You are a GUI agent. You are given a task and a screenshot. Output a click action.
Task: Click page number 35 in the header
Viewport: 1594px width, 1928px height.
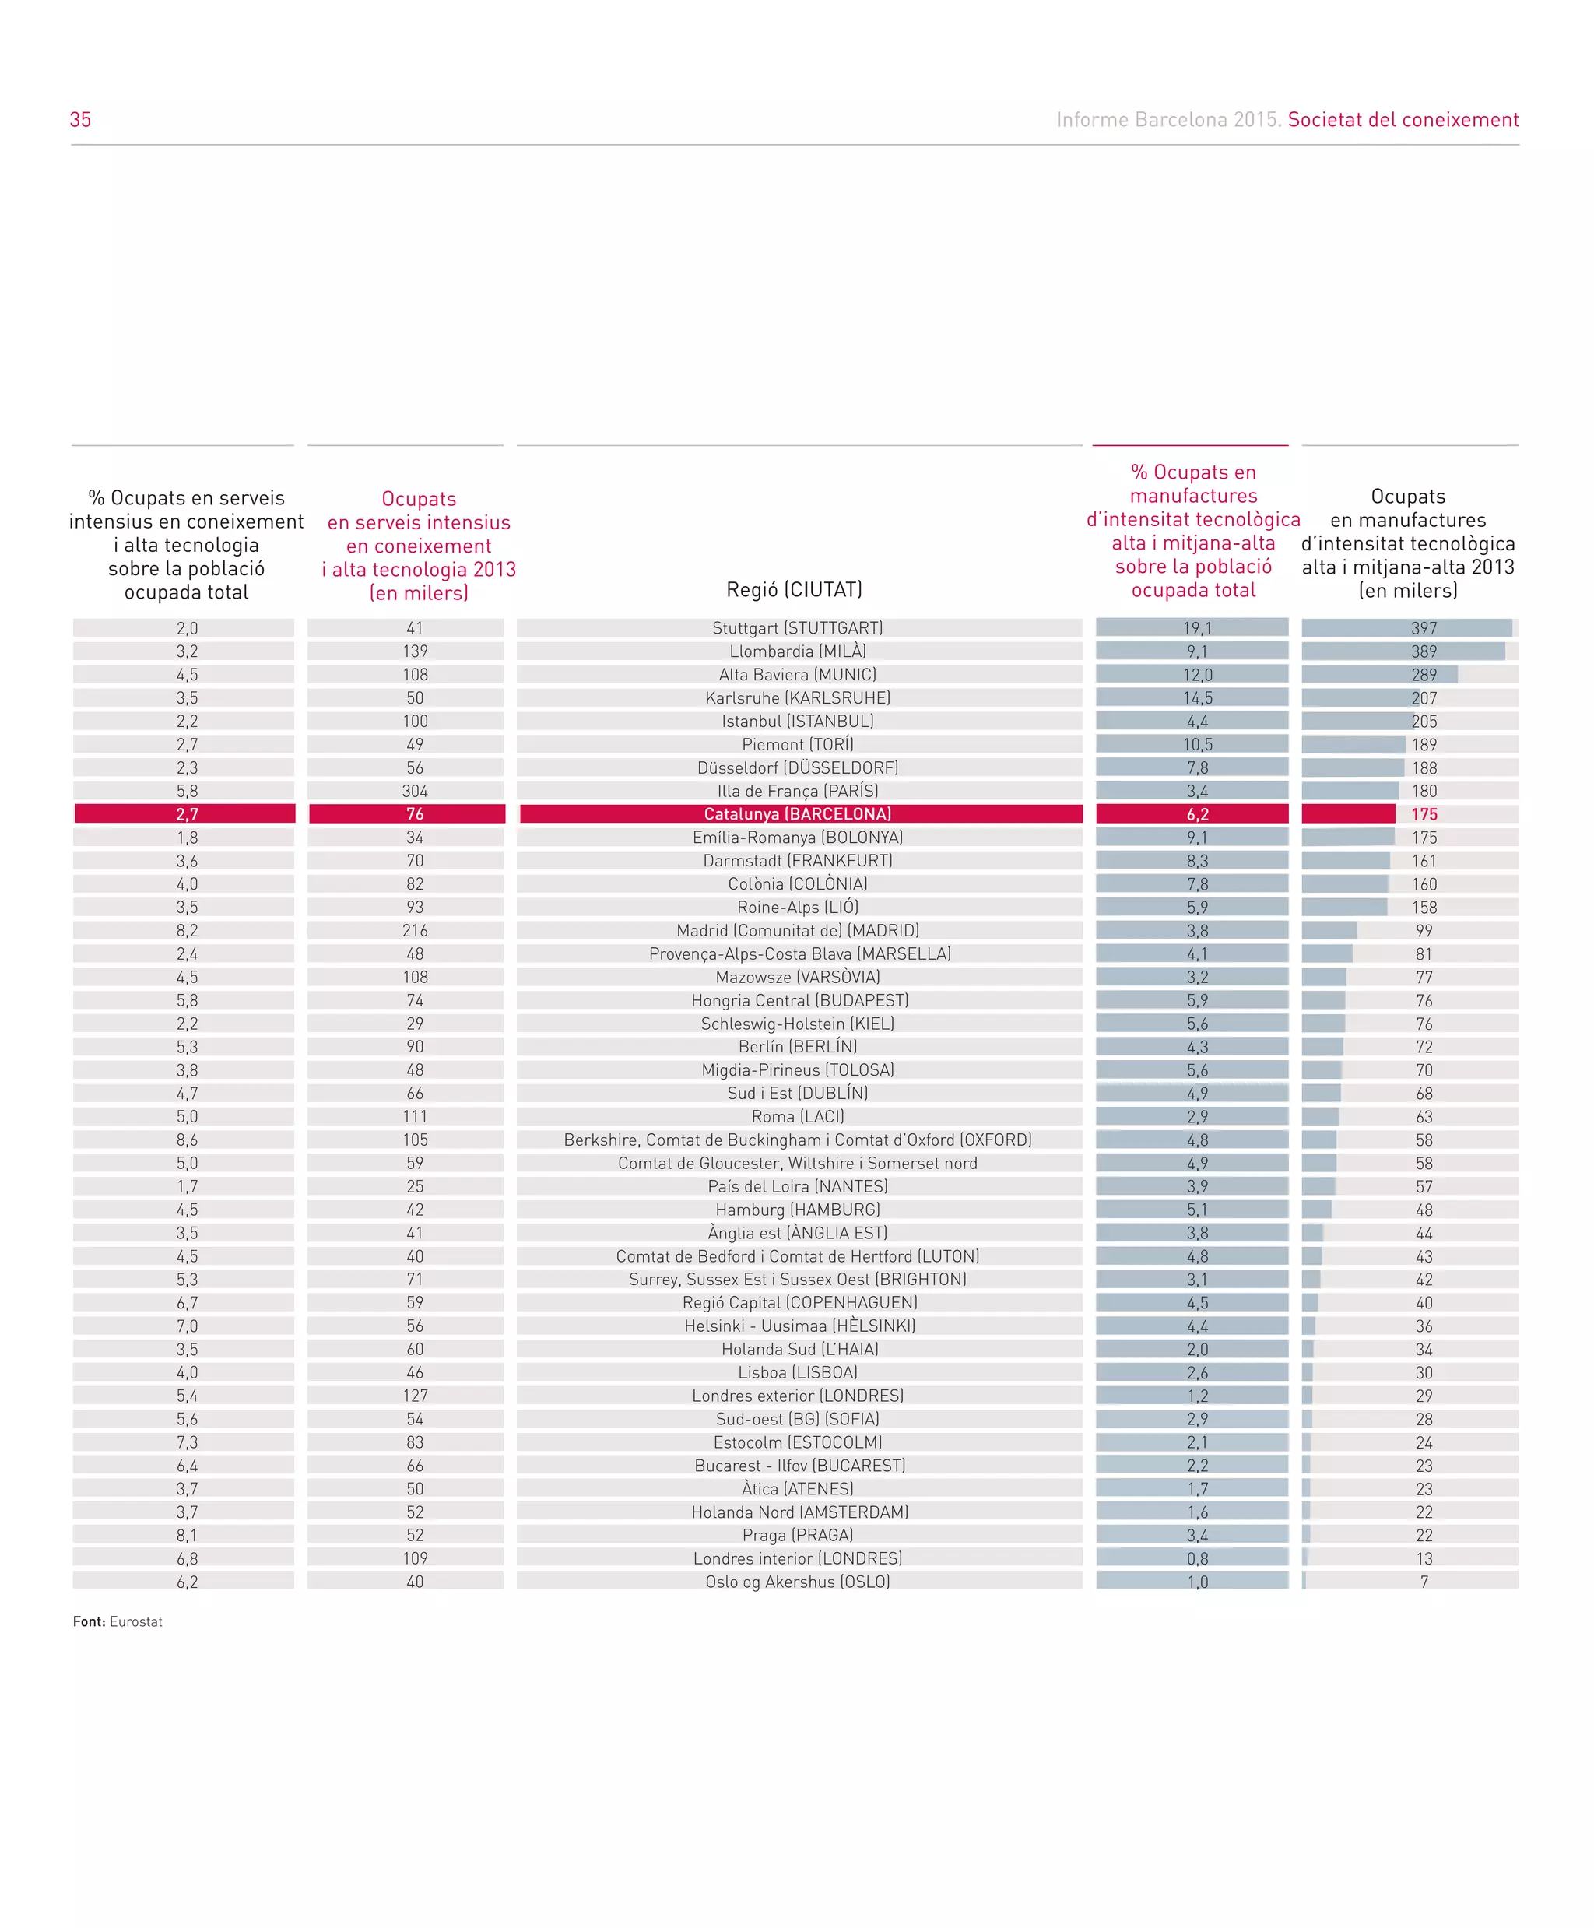pos(81,119)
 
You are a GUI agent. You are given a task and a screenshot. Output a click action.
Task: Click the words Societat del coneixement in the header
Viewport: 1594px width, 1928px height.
pos(1403,119)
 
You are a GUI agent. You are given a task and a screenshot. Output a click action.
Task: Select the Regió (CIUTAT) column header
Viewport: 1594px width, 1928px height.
pos(794,589)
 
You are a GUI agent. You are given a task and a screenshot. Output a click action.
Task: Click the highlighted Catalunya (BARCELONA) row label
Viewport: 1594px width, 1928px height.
pos(798,814)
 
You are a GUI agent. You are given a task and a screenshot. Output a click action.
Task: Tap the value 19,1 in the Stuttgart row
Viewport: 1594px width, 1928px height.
pos(1197,628)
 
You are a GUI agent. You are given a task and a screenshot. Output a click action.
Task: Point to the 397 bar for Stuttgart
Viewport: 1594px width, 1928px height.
pos(1406,628)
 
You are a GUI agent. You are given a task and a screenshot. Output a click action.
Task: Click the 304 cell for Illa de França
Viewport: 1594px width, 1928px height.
pos(415,792)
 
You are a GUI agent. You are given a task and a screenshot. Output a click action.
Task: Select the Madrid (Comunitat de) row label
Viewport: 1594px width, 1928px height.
pos(798,931)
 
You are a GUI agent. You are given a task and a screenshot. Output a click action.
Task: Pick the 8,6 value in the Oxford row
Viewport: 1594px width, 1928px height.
pos(188,1140)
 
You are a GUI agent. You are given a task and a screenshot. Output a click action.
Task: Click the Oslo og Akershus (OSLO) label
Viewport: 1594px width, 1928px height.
pos(798,1582)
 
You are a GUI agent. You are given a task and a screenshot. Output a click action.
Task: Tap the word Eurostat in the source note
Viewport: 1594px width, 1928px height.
pos(136,1622)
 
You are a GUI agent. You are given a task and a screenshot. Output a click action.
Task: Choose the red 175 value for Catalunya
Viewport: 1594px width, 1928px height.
pos(1424,814)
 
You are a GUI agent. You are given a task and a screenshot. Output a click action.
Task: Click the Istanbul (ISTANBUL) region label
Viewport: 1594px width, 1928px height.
pos(798,722)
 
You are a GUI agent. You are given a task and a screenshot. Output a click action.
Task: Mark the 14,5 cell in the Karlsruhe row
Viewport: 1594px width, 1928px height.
pos(1197,697)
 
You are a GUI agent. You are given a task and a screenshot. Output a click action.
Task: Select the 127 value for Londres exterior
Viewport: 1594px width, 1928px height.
pos(415,1396)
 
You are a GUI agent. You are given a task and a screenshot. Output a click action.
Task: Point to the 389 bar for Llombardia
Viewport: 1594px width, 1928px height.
pos(1403,651)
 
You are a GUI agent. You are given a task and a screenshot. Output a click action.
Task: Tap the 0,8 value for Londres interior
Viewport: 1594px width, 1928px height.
pos(1197,1559)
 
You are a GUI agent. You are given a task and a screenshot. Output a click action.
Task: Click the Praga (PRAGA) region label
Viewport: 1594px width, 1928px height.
pos(798,1535)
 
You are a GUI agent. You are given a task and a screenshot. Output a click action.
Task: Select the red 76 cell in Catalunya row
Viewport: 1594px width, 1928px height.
pos(415,814)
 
